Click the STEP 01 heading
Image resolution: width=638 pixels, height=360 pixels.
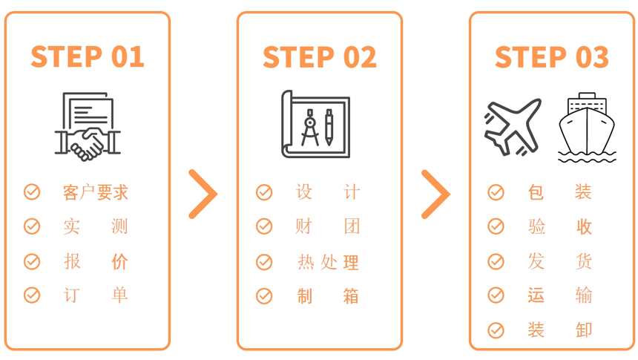(88, 56)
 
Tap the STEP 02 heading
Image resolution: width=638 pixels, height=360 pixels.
(320, 56)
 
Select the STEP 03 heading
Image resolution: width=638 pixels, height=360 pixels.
(552, 56)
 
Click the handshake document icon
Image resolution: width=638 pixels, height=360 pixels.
(88, 126)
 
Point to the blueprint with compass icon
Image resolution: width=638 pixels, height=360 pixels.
(316, 124)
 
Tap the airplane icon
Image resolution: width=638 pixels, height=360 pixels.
(513, 127)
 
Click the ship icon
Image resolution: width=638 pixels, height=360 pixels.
(587, 128)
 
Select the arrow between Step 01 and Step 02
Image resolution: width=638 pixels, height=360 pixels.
(203, 194)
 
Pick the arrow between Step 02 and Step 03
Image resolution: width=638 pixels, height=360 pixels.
(435, 194)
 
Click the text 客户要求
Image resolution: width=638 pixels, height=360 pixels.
(96, 192)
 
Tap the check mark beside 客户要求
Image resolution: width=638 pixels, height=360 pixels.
(32, 192)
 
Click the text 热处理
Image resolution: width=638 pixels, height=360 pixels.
(328, 262)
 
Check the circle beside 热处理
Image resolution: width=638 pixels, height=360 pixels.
(264, 262)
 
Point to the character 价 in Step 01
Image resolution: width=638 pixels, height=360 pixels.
(119, 261)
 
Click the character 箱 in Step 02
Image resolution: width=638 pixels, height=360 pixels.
(351, 296)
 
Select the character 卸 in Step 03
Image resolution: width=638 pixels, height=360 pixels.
(584, 330)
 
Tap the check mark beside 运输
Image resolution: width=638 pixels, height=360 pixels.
(496, 295)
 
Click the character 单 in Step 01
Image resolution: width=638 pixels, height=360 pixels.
(119, 295)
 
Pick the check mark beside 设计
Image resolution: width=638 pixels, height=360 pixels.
(264, 192)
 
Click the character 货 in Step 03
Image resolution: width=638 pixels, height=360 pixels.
(584, 261)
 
